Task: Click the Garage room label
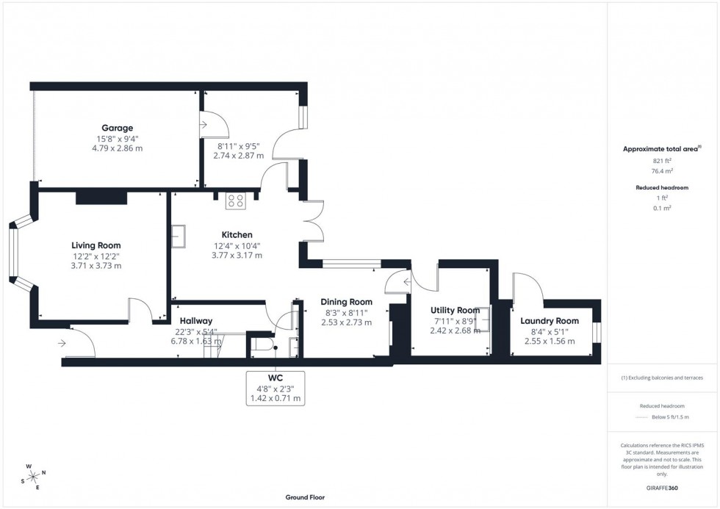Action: click(117, 128)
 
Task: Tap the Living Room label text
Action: click(96, 245)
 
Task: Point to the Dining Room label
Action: click(346, 302)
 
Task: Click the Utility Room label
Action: click(455, 311)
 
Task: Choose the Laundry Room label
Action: click(549, 321)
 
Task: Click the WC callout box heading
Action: click(276, 378)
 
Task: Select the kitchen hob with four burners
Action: click(235, 199)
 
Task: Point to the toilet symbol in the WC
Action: click(262, 343)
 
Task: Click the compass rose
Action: click(34, 476)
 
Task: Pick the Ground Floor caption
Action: click(305, 497)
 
